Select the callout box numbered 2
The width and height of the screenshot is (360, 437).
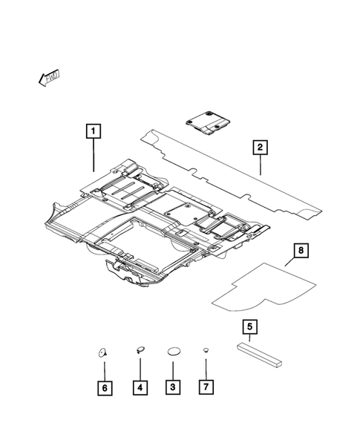260,148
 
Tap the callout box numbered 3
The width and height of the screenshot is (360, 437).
172,387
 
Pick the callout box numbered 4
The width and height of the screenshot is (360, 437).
140,387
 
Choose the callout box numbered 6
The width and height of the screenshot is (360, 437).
105,387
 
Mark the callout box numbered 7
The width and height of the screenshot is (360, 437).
206,387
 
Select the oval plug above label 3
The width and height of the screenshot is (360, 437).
173,352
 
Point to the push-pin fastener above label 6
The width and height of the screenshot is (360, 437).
103,352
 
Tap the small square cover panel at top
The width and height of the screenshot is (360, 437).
209,122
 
